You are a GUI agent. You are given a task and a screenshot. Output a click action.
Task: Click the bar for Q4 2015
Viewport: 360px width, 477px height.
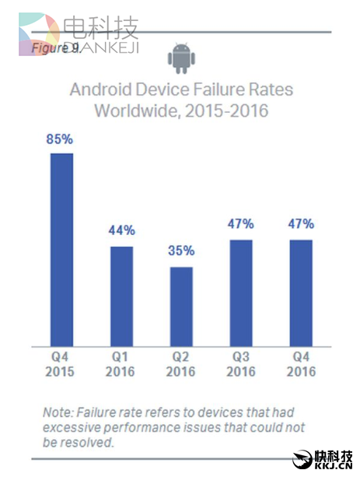(62, 249)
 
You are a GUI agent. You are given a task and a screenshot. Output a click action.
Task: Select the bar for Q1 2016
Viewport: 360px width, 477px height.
(121, 296)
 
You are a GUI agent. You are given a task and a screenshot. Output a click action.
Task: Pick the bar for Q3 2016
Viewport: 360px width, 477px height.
(241, 293)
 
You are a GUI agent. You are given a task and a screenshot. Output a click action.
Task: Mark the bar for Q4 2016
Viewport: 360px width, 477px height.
(301, 293)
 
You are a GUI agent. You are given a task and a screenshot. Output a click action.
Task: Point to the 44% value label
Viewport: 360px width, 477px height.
(121, 231)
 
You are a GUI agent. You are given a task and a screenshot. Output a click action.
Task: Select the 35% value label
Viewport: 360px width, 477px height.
(180, 251)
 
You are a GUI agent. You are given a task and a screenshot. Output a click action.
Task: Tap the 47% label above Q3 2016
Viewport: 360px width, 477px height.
(241, 224)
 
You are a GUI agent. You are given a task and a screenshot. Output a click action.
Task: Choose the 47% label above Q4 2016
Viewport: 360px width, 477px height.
(301, 224)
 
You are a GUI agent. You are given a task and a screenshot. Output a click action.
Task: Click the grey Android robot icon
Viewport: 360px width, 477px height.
(180, 57)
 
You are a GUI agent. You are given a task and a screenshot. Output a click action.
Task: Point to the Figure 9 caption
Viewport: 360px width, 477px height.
(54, 48)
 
